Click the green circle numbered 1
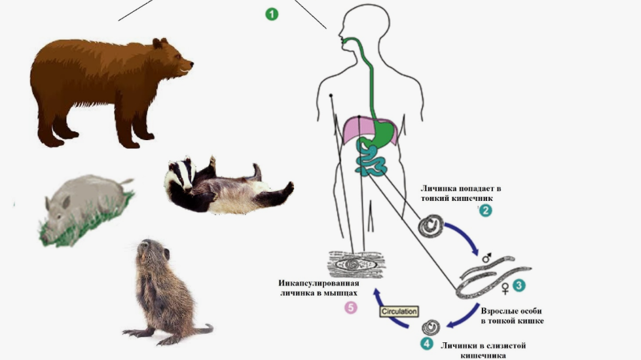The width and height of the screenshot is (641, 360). pyautogui.click(x=272, y=14)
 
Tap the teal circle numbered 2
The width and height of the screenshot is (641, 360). pyautogui.click(x=485, y=211)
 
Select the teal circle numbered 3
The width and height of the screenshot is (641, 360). pyautogui.click(x=519, y=285)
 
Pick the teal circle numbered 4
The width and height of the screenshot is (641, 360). pyautogui.click(x=427, y=343)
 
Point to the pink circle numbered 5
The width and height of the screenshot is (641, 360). pyautogui.click(x=351, y=307)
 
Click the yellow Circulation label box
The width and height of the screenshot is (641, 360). pyautogui.click(x=399, y=312)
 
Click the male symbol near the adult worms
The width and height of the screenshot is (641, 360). pyautogui.click(x=486, y=257)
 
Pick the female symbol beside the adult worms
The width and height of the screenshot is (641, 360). pyautogui.click(x=505, y=289)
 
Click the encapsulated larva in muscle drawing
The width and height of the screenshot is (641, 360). pyautogui.click(x=356, y=264)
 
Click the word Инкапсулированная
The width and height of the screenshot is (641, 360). pyautogui.click(x=319, y=283)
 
